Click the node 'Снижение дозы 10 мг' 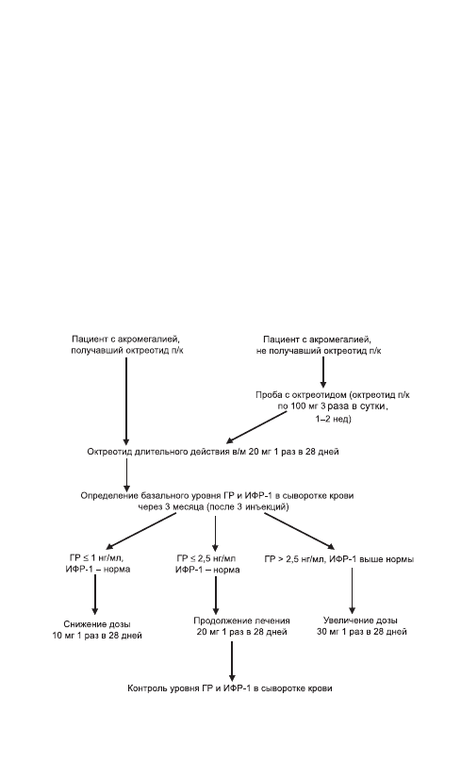(97, 629)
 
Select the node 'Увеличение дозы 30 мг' (360, 626)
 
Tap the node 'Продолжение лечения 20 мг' (242, 626)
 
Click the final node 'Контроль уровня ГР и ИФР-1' (230, 688)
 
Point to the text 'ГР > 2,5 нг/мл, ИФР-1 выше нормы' (339, 559)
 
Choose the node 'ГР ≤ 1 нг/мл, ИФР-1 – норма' (98, 564)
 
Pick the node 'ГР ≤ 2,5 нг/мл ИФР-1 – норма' (207, 564)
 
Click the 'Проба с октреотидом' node (333, 406)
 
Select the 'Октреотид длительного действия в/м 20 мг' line (213, 452)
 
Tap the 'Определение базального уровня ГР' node (217, 501)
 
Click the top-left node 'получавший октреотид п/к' (127, 344)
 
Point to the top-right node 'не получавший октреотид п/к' (319, 344)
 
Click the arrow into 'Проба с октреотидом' (322, 372)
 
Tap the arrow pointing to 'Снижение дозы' (94, 595)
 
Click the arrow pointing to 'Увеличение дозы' (353, 590)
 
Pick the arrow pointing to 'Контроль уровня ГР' (232, 661)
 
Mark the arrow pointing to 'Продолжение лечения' (216, 595)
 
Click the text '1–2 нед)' (333, 419)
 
